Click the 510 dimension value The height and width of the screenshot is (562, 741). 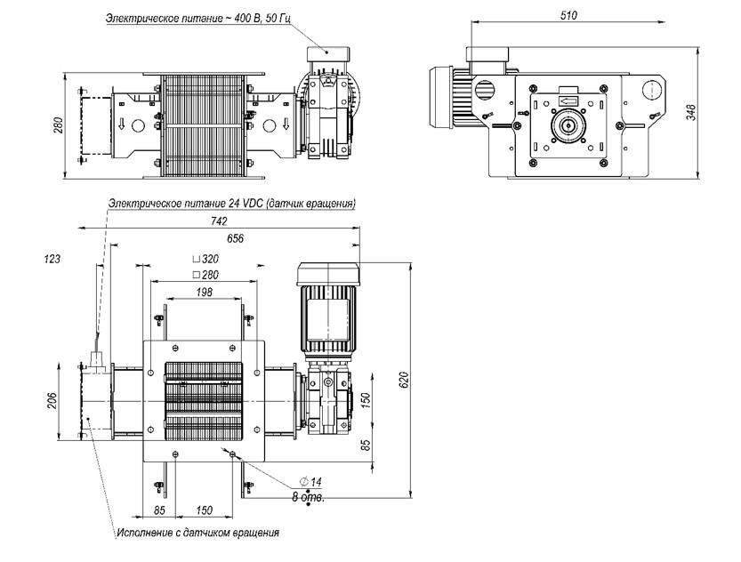tap(568, 16)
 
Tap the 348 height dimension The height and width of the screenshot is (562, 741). tap(691, 112)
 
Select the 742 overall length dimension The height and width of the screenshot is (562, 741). tap(219, 221)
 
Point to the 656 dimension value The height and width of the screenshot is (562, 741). tap(235, 238)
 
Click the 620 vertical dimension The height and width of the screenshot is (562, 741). tap(404, 381)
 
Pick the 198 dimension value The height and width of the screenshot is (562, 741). tap(204, 292)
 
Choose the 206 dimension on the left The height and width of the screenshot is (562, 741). tap(52, 400)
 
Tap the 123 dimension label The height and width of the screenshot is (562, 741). tap(52, 259)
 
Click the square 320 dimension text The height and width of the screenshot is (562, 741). tap(205, 259)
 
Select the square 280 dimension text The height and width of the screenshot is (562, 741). tap(205, 275)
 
